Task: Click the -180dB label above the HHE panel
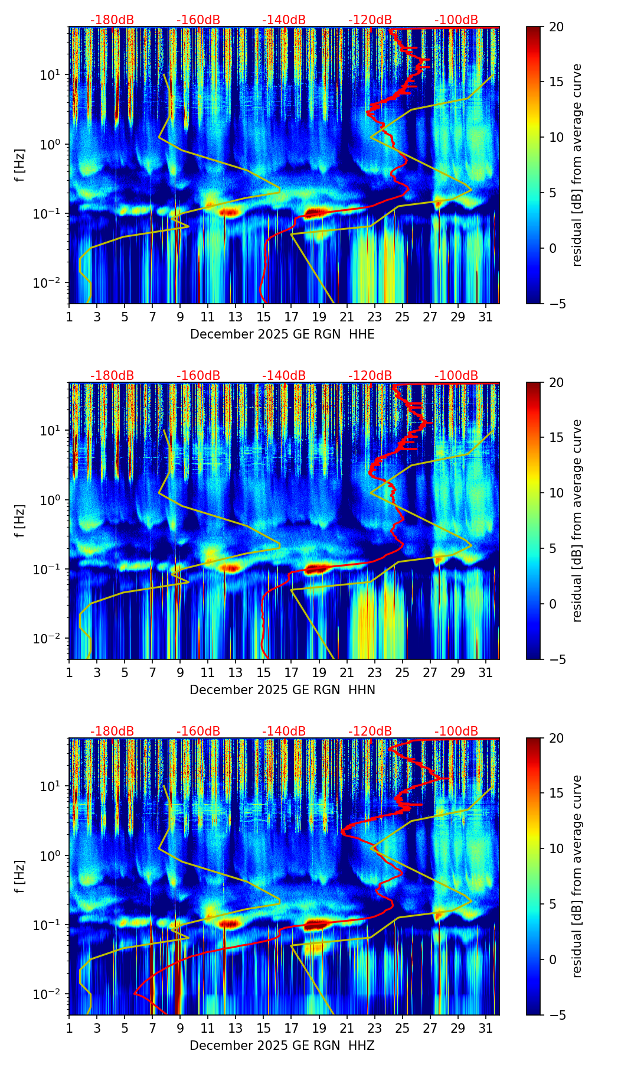[112, 20]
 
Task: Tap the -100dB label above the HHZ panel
[456, 731]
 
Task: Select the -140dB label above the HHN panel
[284, 376]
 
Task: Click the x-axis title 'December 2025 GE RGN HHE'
[282, 334]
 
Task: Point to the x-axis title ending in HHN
[282, 690]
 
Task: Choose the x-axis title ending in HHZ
[282, 1046]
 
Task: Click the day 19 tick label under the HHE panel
[319, 317]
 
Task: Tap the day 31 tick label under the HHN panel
[485, 673]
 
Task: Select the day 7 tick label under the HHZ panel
[152, 1029]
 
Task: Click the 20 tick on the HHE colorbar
[556, 27]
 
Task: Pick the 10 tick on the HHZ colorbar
[556, 849]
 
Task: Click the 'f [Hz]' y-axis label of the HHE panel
[21, 165]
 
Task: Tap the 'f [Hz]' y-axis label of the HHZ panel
[21, 877]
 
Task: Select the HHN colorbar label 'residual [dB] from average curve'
[577, 521]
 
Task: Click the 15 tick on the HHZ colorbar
[556, 793]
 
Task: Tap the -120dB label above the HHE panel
[370, 20]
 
